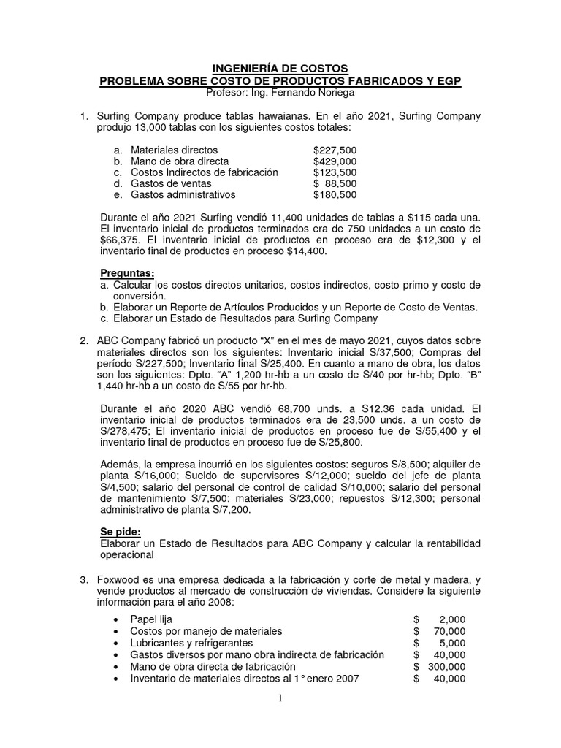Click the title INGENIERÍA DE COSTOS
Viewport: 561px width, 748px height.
280,68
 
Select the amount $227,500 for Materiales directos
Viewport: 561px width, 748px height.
335,149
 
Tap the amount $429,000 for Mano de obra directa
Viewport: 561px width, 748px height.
335,161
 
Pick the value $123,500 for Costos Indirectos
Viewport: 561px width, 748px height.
335,172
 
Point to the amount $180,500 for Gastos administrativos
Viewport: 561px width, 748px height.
335,195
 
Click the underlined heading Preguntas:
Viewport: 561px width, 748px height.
127,272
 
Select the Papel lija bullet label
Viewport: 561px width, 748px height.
151,619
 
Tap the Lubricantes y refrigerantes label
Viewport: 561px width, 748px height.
191,643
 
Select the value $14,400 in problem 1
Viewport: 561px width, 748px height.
302,251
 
